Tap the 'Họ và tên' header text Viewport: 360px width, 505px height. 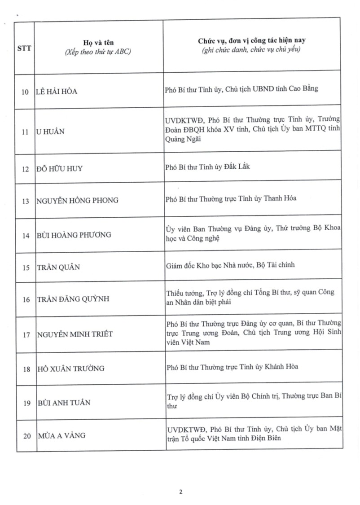point(97,40)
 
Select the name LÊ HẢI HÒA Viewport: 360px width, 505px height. point(56,92)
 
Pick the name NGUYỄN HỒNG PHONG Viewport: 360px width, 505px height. point(77,200)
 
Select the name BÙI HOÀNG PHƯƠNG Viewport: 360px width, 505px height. point(73,235)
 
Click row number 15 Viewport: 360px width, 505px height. point(26,268)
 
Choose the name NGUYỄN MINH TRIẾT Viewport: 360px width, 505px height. point(74,334)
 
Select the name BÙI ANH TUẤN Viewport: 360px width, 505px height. point(63,403)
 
